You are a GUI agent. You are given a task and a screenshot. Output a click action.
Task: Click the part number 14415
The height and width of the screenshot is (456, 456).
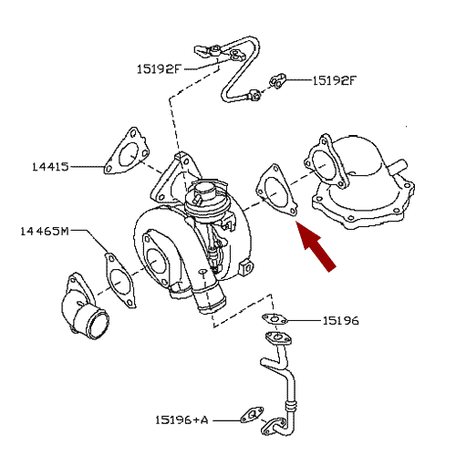[x=50, y=167]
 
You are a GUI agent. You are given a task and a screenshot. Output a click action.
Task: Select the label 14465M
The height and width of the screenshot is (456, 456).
[x=45, y=232]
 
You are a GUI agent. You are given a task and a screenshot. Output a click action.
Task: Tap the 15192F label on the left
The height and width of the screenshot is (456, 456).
[x=159, y=69]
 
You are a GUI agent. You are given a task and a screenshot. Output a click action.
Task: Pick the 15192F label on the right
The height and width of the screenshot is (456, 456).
[x=335, y=80]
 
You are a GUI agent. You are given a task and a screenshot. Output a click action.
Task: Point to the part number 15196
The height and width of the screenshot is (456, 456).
[x=340, y=320]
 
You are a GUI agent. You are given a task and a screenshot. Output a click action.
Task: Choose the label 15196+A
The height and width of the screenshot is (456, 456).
[x=181, y=420]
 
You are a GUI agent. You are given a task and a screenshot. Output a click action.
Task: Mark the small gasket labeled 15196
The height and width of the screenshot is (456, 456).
[x=275, y=319]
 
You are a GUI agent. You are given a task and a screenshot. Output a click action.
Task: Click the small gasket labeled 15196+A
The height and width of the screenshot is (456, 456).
[x=252, y=415]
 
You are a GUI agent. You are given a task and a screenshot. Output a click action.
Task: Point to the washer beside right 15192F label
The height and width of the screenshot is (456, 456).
[x=277, y=81]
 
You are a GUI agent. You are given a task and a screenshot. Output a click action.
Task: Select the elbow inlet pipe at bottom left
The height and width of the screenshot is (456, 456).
[x=84, y=307]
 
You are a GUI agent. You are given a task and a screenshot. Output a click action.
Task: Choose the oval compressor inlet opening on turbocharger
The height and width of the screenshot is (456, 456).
[x=156, y=261]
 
